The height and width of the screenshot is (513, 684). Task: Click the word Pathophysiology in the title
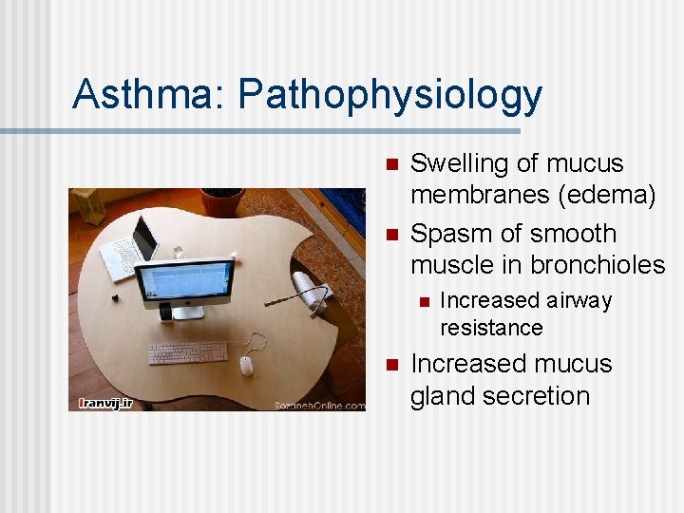390,96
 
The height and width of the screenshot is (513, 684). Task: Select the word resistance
491,329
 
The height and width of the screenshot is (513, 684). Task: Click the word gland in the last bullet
440,396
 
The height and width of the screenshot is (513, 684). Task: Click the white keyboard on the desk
188,352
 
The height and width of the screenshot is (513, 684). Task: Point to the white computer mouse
246,366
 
